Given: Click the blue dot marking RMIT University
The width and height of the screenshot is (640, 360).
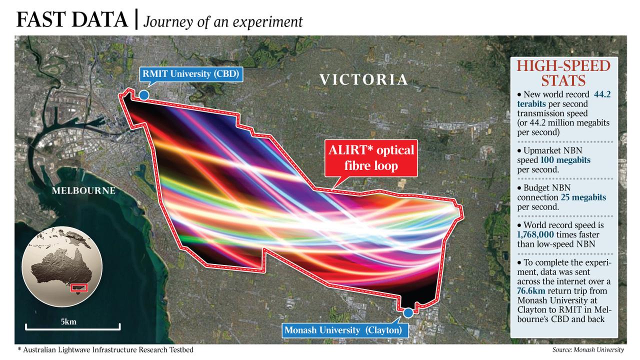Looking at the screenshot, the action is pos(144,95).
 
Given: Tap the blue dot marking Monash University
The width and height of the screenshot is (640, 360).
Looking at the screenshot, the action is pos(408,313).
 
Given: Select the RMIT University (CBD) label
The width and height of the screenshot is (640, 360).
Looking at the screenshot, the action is pos(191,74).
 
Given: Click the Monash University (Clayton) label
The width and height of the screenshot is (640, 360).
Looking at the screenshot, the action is pos(343,330).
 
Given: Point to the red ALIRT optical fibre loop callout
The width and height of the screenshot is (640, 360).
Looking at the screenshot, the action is pos(371,158).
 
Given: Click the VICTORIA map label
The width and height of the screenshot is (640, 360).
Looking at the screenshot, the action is pos(363,79).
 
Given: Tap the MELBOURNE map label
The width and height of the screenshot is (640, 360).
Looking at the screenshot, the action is pos(83,190).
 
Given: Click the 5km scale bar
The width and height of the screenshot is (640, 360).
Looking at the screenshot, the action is pos(72,327).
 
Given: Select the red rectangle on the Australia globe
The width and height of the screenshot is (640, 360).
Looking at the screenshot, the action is pos(79,288).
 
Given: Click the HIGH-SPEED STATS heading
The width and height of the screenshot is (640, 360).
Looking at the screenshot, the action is pos(563,73).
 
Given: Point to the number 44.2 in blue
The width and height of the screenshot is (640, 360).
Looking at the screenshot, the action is pos(602,94).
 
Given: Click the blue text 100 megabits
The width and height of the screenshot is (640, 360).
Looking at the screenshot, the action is pos(565,160).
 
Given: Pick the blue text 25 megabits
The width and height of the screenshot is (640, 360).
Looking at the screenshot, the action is pos(583,197).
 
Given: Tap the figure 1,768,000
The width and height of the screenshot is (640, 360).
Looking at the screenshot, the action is pos(535,235).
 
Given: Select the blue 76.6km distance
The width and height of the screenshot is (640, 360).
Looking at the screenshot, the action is pos(531,291).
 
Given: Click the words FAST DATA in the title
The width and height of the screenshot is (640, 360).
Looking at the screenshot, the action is pos(72,19).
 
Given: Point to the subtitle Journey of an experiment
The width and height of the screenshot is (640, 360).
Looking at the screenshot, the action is pos(223,21).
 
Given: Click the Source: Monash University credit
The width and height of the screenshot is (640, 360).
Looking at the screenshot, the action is pos(588,349).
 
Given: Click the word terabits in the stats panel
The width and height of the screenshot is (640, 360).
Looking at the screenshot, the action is pos(531,103).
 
